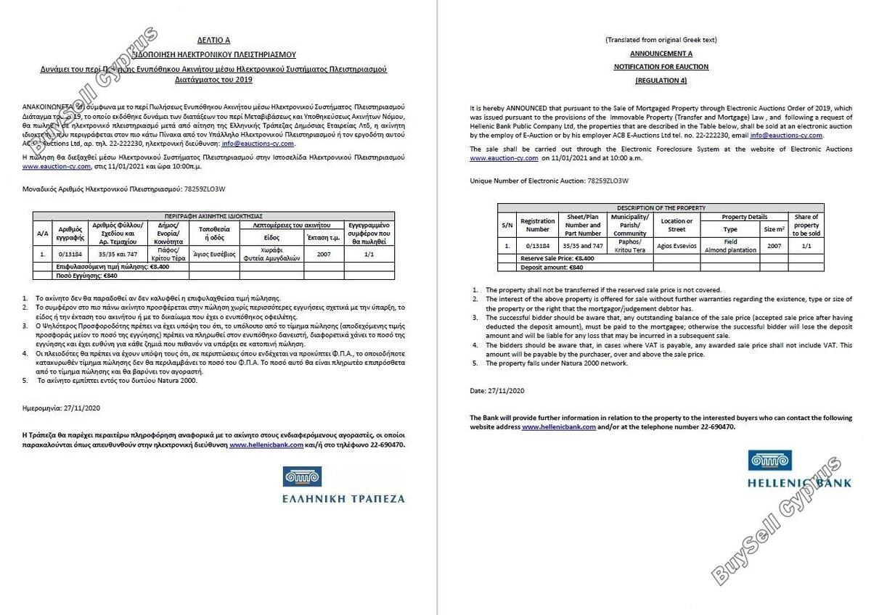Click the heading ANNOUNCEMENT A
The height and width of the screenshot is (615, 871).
click(661, 53)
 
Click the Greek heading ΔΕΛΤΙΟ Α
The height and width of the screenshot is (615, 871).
click(214, 41)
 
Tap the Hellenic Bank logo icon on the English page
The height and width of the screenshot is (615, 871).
click(769, 461)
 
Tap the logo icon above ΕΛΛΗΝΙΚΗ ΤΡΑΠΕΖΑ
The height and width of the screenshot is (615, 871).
click(301, 477)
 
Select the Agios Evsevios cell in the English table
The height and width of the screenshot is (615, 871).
click(676, 246)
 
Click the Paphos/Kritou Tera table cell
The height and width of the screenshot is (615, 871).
click(629, 246)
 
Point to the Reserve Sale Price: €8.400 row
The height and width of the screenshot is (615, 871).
click(557, 258)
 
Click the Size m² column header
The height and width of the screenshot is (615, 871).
click(774, 229)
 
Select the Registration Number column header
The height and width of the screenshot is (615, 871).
click(538, 225)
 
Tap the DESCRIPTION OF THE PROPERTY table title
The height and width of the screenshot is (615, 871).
click(661, 208)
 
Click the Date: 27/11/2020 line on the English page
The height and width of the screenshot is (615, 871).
click(497, 390)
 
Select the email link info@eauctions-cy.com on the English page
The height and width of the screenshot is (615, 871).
click(788, 135)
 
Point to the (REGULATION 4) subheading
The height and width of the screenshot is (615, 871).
click(661, 80)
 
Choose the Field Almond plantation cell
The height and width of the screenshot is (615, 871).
click(730, 246)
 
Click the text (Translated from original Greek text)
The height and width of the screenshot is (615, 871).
click(661, 40)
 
